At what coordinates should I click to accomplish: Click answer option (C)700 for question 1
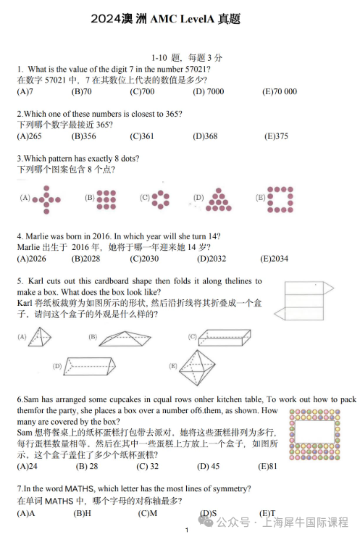[142, 91]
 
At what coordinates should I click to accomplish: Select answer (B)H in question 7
[82, 513]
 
